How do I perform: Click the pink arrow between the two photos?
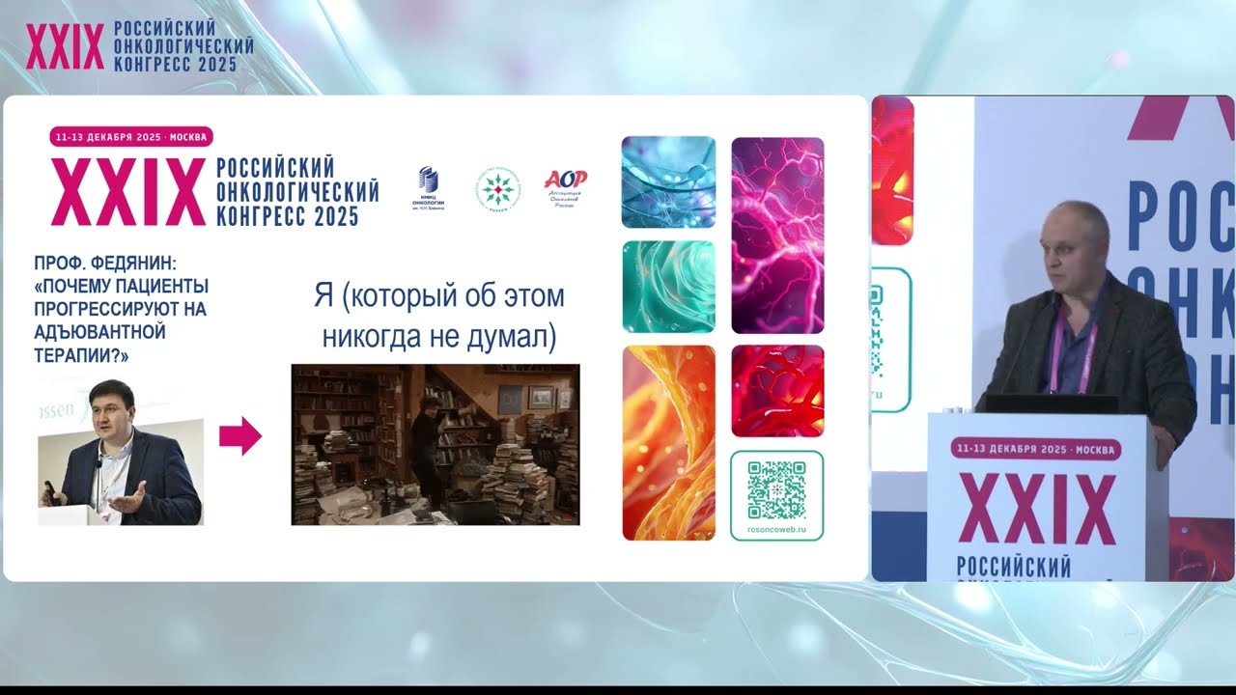[240, 436]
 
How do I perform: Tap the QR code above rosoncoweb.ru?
[776, 489]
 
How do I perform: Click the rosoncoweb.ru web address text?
[776, 530]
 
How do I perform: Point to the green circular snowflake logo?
[497, 188]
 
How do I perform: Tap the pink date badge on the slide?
[131, 137]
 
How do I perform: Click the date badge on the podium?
[1036, 449]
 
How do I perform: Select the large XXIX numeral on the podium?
[1037, 510]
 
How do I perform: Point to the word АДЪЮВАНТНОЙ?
[100, 332]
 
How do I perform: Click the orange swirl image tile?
[668, 442]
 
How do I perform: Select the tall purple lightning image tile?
[777, 235]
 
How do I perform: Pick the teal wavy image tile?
[668, 287]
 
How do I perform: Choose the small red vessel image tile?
[777, 390]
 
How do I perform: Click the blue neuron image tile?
[668, 181]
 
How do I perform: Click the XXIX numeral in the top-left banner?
[65, 47]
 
